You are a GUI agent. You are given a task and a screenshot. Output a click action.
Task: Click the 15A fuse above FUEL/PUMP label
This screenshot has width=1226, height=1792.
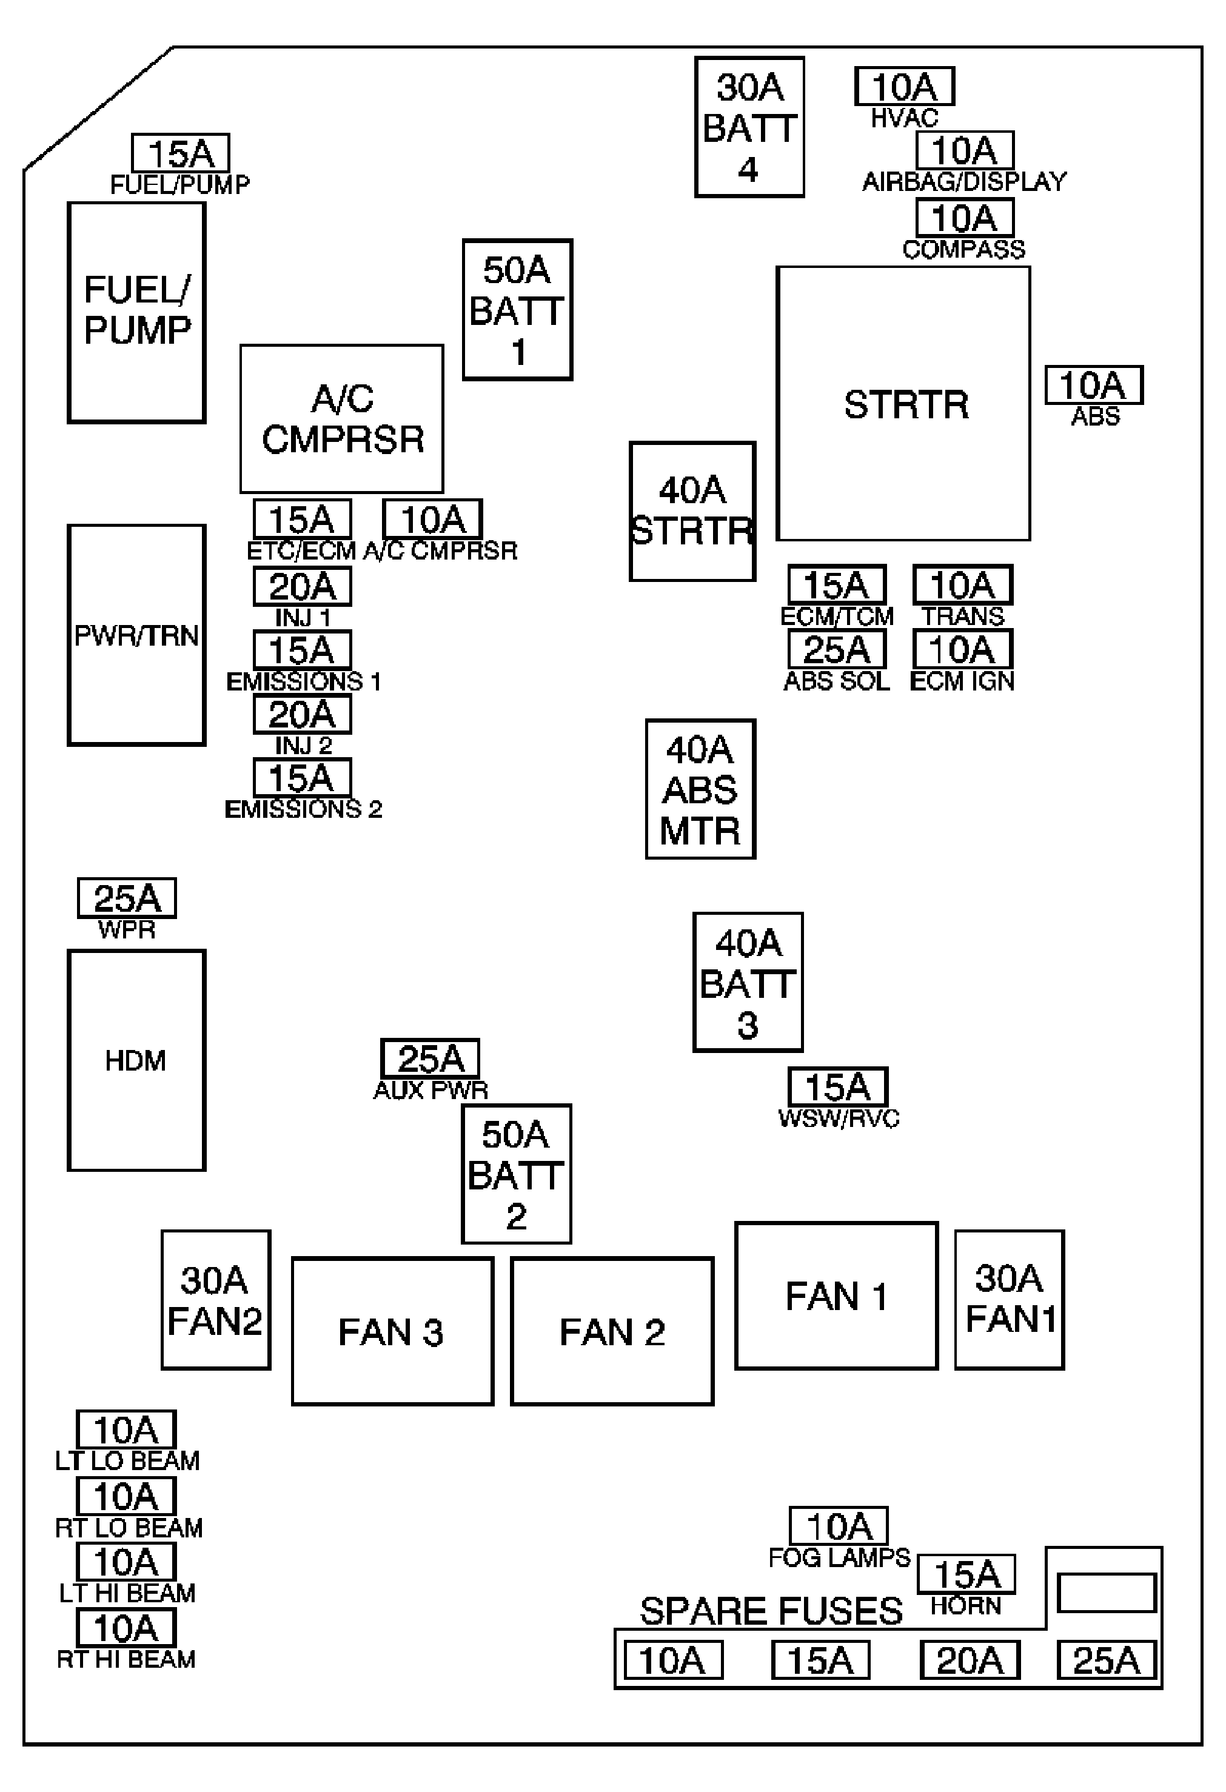click(181, 153)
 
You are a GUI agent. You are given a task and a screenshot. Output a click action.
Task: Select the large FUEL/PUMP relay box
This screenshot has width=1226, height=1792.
click(136, 312)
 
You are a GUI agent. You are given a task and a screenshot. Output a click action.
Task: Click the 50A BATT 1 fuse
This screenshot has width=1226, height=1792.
click(517, 309)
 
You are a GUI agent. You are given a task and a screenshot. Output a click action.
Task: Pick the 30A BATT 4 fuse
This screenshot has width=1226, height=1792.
click(749, 127)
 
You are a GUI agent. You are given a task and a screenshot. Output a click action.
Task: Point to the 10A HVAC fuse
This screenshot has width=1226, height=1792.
click(905, 86)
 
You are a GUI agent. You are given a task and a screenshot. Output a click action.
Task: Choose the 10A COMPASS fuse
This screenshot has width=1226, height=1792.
click(965, 218)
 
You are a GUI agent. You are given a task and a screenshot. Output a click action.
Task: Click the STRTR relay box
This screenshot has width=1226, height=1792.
click(903, 403)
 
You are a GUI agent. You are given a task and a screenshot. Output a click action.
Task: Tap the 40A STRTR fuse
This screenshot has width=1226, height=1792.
click(692, 511)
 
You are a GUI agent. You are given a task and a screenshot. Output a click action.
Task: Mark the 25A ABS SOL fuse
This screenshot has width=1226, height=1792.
click(837, 649)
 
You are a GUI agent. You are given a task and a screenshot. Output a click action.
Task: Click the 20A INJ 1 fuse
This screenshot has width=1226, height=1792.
click(303, 587)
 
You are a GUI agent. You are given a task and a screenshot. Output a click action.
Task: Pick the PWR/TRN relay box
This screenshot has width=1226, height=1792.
click(136, 635)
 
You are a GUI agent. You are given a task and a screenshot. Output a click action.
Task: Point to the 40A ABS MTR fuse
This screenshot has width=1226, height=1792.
click(701, 789)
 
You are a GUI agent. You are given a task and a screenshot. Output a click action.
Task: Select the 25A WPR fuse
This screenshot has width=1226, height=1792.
click(127, 898)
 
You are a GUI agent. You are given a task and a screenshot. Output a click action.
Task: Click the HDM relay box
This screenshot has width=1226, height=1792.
click(136, 1060)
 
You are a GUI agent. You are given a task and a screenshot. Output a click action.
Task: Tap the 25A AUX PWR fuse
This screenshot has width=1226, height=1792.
click(430, 1058)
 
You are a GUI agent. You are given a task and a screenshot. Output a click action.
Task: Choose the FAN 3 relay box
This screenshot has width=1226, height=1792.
click(392, 1332)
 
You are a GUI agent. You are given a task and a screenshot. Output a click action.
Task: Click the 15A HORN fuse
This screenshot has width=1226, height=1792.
click(966, 1574)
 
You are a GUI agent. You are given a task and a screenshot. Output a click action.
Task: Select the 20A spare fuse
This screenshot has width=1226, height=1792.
click(970, 1660)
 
